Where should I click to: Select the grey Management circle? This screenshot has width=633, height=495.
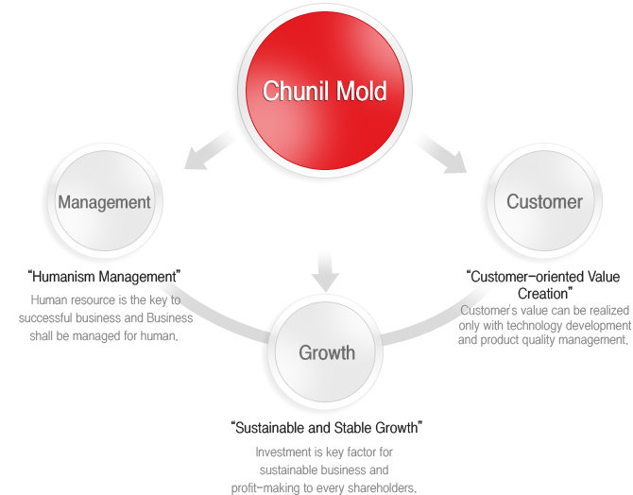click(x=104, y=201)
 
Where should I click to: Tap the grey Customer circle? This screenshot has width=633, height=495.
click(x=544, y=201)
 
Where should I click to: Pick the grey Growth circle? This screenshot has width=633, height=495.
click(x=326, y=353)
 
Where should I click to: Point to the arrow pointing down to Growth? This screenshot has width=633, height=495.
click(x=325, y=272)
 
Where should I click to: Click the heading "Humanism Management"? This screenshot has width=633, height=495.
click(x=104, y=277)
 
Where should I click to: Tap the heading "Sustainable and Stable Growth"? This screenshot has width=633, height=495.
click(x=326, y=428)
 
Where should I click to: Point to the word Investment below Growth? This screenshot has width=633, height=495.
click(x=284, y=452)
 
